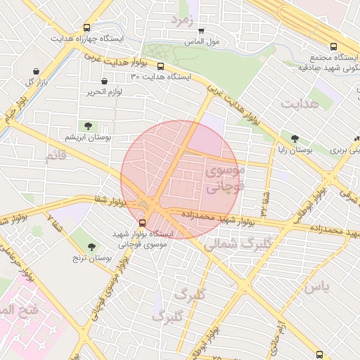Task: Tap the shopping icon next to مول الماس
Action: [x=202, y=31]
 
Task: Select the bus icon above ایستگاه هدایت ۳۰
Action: [x=161, y=67]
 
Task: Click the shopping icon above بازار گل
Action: [x=36, y=70]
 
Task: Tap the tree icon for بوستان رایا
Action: [x=294, y=138]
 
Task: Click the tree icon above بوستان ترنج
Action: [x=91, y=246]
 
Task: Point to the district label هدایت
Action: [x=300, y=104]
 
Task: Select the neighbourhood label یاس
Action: [x=317, y=287]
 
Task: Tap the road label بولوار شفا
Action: [x=110, y=202]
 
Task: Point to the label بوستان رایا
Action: [x=292, y=150]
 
